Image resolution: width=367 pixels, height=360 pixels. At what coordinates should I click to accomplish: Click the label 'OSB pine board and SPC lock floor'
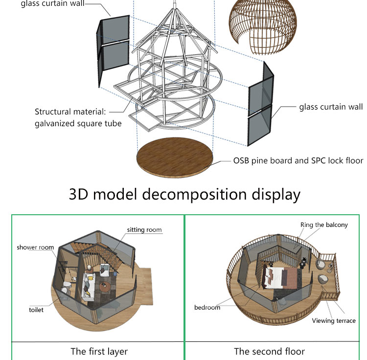pos(298,160)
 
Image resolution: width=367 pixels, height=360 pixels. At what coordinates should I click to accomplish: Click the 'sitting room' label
pos(144,229)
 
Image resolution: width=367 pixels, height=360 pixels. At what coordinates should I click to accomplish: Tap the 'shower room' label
pos(35,247)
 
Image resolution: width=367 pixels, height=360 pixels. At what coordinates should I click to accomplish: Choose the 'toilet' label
pos(36,310)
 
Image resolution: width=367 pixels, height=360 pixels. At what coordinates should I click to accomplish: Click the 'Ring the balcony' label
pos(324,225)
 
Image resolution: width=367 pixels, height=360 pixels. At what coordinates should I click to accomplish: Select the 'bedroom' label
pos(207,307)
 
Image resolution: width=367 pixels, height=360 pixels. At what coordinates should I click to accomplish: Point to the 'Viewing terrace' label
pos(333,321)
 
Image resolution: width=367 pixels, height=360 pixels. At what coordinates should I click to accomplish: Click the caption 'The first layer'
pos(99,351)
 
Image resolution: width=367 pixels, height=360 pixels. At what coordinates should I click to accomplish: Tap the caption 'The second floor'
pos(269,351)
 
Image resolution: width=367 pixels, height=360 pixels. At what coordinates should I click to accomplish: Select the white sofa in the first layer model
pos(89,287)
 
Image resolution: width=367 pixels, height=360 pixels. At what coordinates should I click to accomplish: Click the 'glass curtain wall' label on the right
pos(331,107)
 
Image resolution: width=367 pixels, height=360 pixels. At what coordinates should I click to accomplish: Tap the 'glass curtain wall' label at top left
pos(52,4)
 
